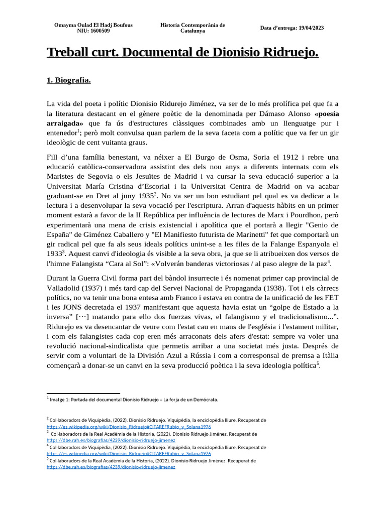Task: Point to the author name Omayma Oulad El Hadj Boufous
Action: (x=93, y=25)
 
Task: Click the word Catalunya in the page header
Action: (x=192, y=31)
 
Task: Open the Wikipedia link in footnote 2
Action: (x=128, y=426)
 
